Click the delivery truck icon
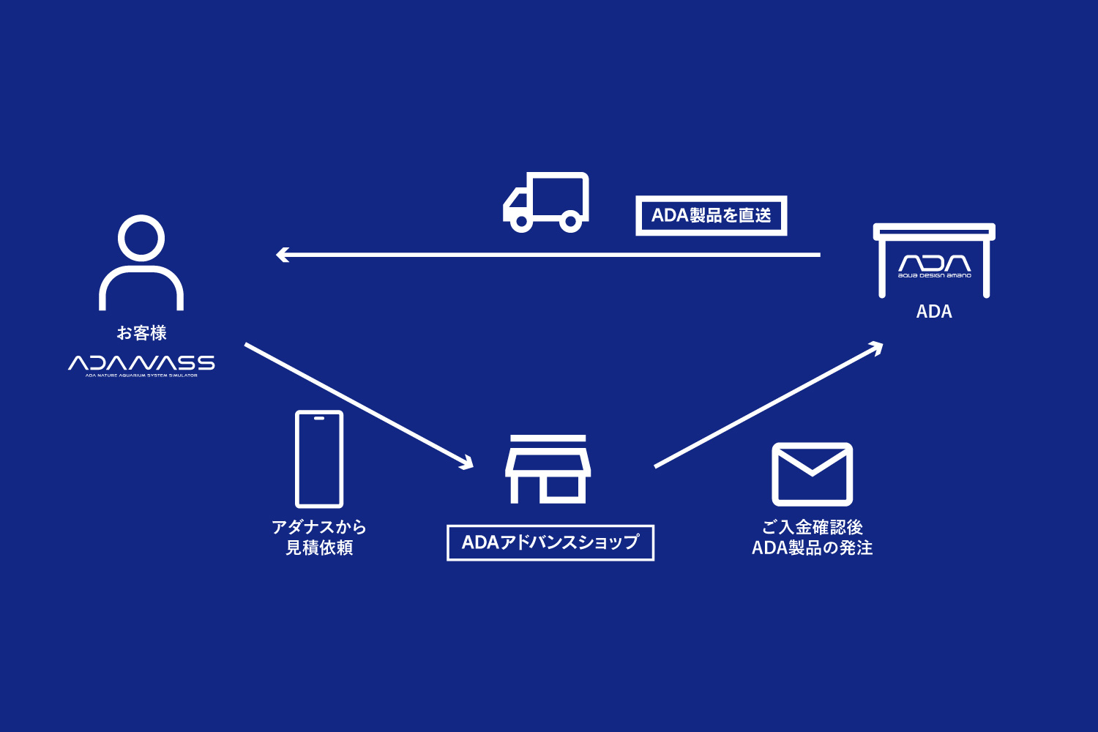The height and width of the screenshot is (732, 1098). pos(546,203)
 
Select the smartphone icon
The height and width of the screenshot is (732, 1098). pos(319,459)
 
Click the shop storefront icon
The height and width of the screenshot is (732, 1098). pos(548,469)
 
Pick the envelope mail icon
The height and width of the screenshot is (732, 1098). pos(813,474)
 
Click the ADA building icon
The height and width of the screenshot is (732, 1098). pos(934,260)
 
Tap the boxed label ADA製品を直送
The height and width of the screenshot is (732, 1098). pos(711,215)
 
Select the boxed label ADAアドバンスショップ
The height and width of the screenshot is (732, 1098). pos(550,542)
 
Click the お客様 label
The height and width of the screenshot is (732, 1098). pos(141,333)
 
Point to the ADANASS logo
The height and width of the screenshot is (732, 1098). pos(141,363)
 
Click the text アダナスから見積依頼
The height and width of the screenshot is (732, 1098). pos(319,537)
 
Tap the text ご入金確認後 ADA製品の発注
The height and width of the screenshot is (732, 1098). pos(813,537)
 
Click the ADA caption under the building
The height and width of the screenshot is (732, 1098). pos(934,312)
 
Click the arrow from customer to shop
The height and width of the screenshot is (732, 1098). pos(359,405)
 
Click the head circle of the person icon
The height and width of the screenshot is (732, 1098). pos(141,238)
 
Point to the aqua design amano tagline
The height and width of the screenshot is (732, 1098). pos(935,276)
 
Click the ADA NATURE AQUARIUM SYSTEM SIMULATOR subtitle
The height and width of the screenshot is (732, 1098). pos(141,376)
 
